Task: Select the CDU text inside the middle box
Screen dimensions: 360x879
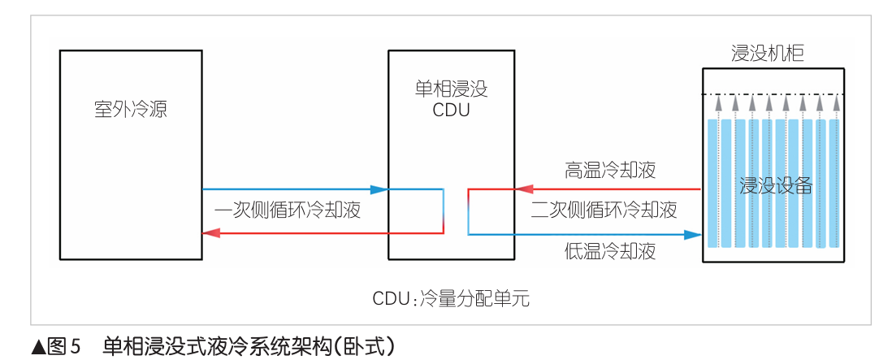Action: [x=451, y=110]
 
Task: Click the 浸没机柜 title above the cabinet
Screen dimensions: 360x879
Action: [x=769, y=54]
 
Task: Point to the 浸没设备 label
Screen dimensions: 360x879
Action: [x=776, y=186]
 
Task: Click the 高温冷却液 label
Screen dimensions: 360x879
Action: [x=610, y=171]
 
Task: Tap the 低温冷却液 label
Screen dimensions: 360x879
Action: [x=610, y=252]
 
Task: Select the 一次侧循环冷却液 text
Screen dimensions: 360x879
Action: [x=288, y=210]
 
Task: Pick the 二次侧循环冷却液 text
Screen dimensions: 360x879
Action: [x=604, y=210]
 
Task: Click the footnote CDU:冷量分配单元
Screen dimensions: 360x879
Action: [x=451, y=297]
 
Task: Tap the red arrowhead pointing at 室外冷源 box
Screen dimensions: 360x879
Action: [x=210, y=233]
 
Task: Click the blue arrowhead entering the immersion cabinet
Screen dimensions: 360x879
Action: [x=692, y=235]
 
